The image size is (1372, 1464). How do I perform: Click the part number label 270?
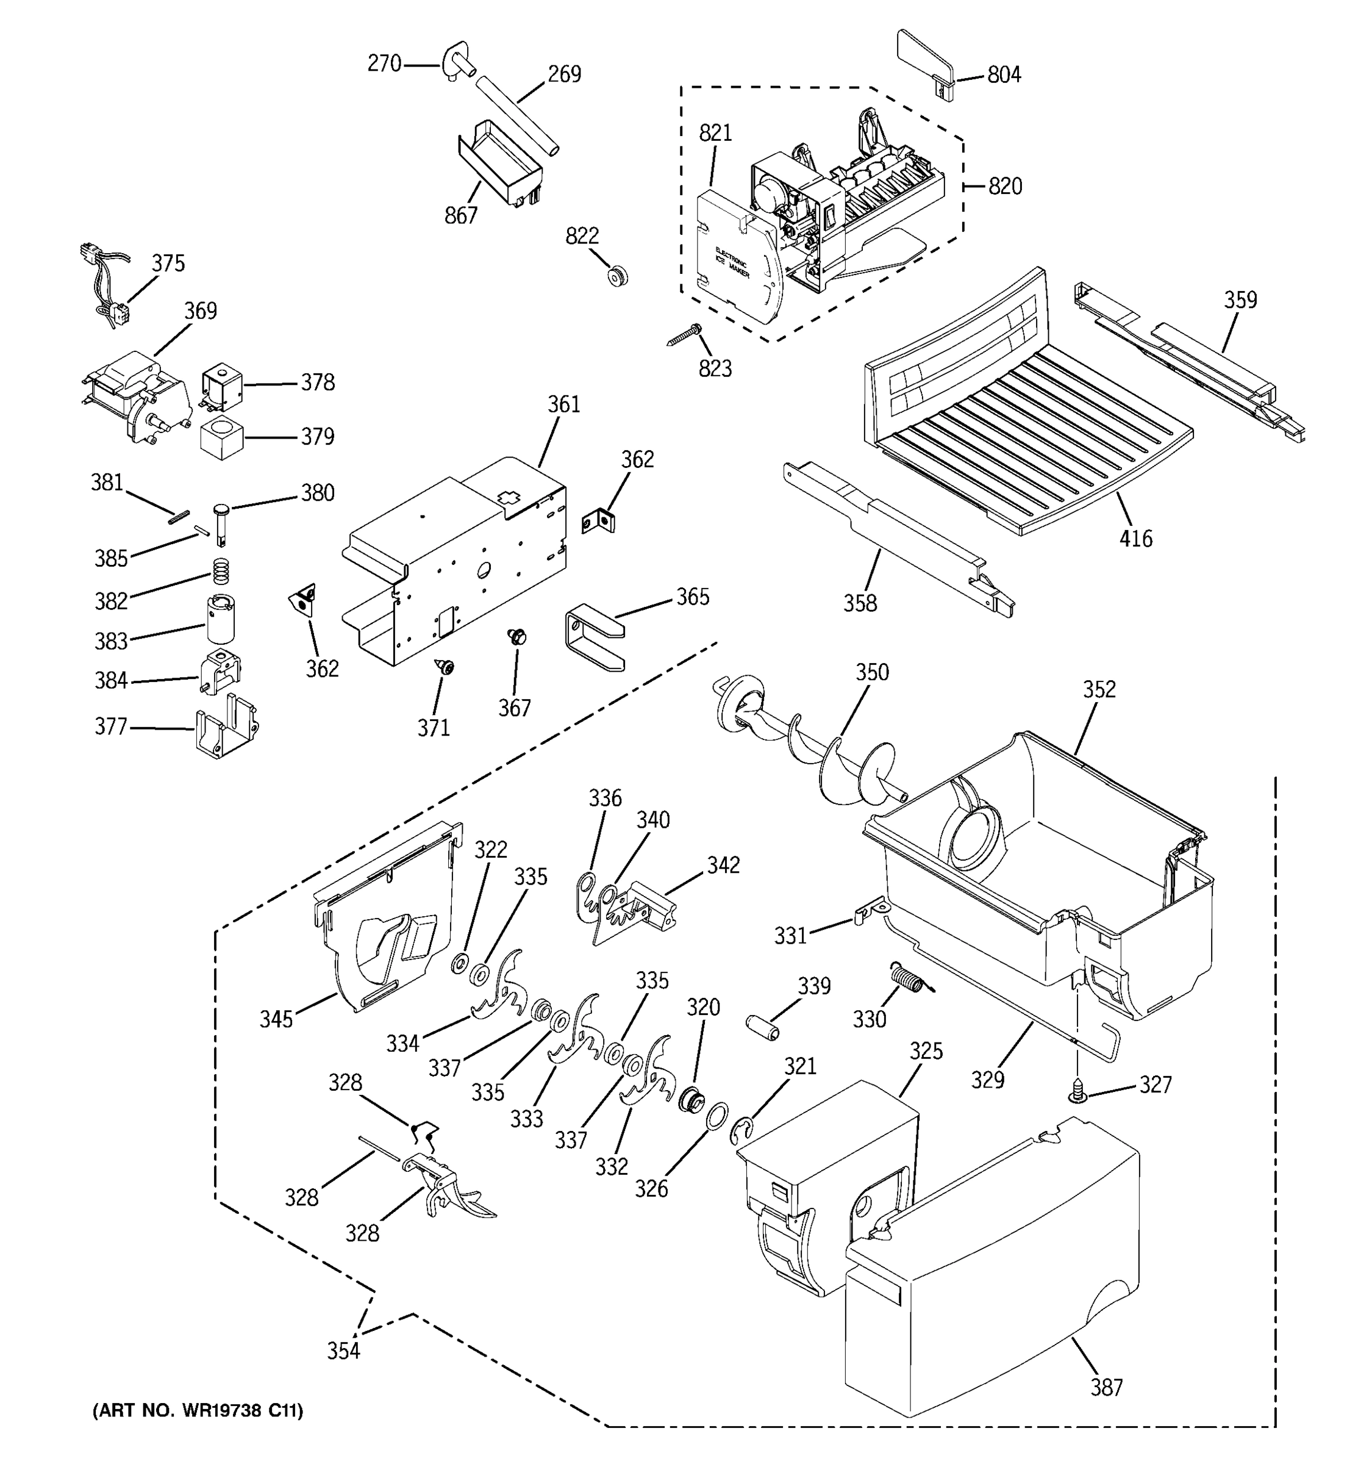[x=384, y=65]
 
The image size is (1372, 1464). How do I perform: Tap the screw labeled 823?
[x=685, y=335]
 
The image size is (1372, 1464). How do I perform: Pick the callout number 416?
[x=1136, y=539]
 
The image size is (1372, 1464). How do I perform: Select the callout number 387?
[x=1106, y=1387]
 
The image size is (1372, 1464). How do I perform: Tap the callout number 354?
[x=344, y=1351]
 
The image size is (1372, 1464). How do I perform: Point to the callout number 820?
[x=1005, y=186]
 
